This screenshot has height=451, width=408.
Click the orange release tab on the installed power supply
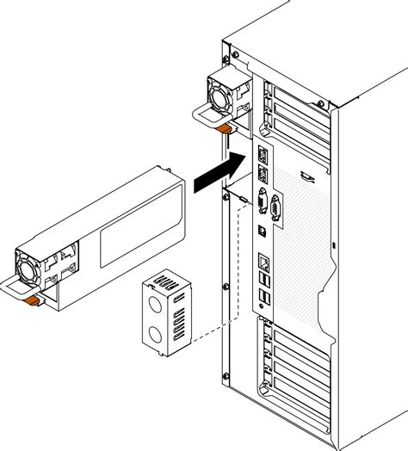click(224, 128)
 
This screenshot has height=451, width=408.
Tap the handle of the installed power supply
click(201, 117)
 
